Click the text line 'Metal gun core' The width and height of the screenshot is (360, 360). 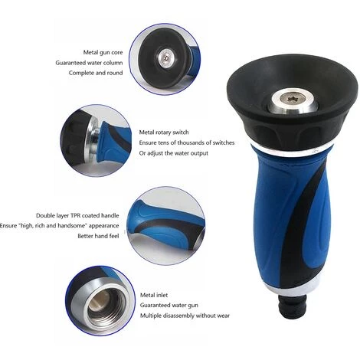tap(103, 52)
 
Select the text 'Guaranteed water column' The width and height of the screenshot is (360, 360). tap(89, 63)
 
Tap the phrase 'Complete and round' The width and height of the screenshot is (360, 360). tap(96, 73)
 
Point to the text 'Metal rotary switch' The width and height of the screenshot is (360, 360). tap(164, 133)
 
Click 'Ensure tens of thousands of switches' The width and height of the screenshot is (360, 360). tap(187, 142)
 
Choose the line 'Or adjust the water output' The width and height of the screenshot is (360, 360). tap(174, 153)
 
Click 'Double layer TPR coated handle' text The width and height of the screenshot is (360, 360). tap(77, 215)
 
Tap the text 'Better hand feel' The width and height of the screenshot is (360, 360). tap(98, 236)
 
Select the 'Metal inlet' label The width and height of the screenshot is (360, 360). tap(154, 295)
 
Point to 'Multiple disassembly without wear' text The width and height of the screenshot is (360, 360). tap(185, 316)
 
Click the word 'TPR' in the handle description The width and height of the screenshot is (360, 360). tap(75, 215)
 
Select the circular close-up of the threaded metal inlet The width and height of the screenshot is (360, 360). tap(100, 300)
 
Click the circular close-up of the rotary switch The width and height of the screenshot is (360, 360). tap(96, 140)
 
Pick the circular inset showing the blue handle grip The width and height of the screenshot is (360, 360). tap(166, 226)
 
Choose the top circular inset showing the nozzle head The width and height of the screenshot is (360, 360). tap(165, 59)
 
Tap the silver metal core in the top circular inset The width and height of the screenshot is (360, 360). tap(166, 59)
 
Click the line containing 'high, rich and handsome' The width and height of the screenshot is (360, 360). tap(60, 226)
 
